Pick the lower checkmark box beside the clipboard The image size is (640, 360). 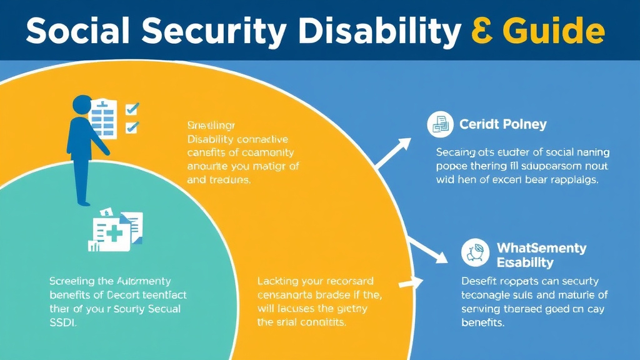click(x=132, y=127)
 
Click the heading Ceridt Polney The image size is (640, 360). click(x=502, y=124)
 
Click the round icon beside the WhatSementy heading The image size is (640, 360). click(x=474, y=252)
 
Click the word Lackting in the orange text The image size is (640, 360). click(x=279, y=282)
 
